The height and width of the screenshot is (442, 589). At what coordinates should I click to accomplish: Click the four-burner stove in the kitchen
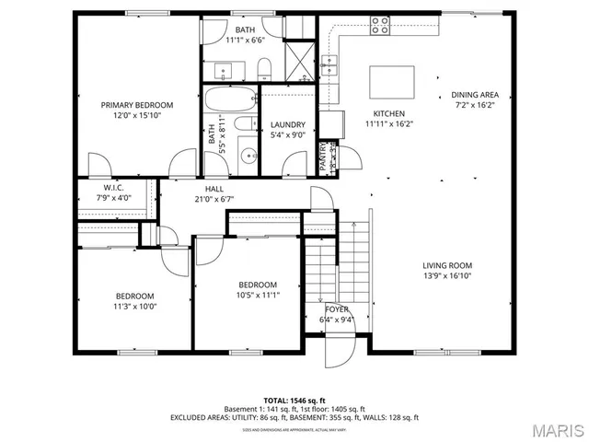click(x=379, y=27)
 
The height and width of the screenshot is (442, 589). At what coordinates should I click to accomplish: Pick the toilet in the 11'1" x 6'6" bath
click(x=263, y=67)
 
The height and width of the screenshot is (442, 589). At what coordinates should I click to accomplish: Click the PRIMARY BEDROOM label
click(x=137, y=105)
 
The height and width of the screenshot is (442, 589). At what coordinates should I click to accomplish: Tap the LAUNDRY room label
click(x=287, y=125)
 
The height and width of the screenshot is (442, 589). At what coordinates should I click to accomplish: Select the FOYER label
click(x=337, y=309)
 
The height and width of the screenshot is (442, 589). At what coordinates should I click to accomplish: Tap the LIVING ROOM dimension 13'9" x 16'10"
click(x=447, y=275)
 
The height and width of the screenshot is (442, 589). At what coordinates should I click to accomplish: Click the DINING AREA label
click(x=474, y=95)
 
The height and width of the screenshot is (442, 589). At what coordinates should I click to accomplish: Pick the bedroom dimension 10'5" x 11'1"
click(x=258, y=295)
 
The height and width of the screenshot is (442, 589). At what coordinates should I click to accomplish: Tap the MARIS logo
click(x=551, y=429)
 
